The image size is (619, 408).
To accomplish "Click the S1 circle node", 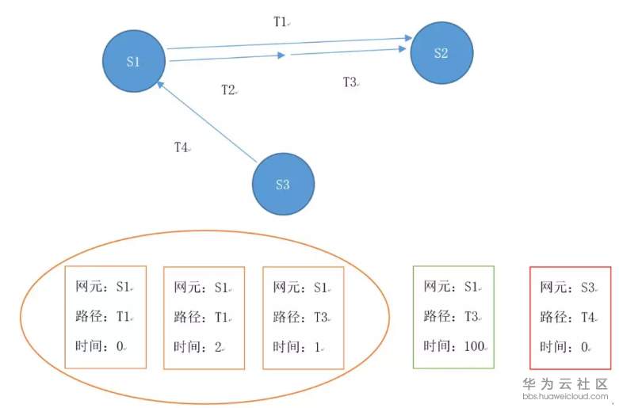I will click(x=134, y=61).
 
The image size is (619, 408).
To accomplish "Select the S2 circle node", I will click(x=441, y=53).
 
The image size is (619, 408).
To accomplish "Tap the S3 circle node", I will click(x=283, y=185).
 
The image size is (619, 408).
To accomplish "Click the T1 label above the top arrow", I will click(x=280, y=22).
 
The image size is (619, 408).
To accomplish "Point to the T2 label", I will click(x=228, y=90).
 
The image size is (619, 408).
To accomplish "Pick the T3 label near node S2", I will click(x=350, y=82).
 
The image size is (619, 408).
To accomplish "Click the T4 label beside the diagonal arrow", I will click(x=181, y=147).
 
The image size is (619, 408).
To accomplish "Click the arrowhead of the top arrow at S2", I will click(x=408, y=36).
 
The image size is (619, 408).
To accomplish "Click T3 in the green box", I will click(x=471, y=317).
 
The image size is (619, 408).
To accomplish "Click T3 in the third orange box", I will click(x=320, y=317).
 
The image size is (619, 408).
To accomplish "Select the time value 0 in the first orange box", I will click(x=120, y=347).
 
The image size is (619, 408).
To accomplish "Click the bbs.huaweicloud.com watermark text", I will click(x=565, y=395).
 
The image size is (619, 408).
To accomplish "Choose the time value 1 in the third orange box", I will click(x=319, y=347).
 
